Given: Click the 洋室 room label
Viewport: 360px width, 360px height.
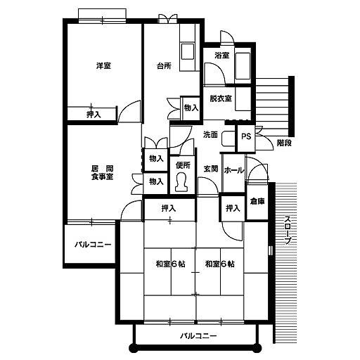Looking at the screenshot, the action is (103, 66).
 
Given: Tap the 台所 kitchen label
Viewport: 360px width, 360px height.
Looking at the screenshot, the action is (164, 66).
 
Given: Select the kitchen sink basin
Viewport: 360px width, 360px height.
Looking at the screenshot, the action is (188, 51).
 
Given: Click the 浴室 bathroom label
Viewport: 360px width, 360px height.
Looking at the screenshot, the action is (221, 56).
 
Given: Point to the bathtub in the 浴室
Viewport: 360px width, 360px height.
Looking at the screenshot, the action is (243, 66).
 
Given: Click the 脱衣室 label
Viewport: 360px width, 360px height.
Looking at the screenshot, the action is (221, 98).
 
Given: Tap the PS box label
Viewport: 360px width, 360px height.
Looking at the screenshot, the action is (246, 136).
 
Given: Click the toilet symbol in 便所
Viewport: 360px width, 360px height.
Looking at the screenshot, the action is (182, 182).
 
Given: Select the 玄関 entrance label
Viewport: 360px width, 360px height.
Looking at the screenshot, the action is (211, 169).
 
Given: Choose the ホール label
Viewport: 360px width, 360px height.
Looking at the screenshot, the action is (234, 170).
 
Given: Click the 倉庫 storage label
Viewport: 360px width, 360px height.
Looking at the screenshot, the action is (257, 201).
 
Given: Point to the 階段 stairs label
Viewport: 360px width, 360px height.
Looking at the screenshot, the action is (284, 143).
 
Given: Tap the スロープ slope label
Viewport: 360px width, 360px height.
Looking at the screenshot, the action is (288, 230).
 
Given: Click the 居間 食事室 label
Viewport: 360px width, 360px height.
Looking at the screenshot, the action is (102, 172).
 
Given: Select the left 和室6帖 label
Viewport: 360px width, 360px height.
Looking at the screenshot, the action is (171, 264).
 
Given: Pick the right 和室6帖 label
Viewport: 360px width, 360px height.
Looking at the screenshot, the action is (220, 264).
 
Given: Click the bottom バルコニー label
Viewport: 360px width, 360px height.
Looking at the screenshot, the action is (198, 336).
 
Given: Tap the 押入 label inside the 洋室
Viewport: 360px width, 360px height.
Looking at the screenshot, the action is (94, 115).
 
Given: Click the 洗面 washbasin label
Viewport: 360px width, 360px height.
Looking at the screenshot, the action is (210, 134).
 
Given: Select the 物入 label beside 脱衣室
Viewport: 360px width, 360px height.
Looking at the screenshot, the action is (191, 108).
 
